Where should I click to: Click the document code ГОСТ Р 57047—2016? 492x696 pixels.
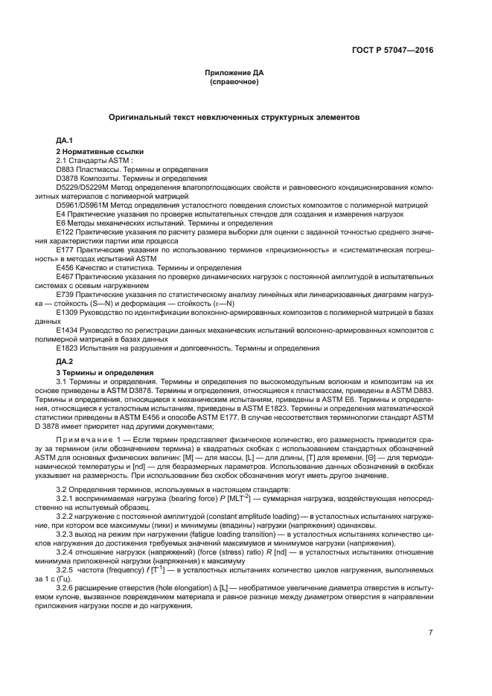pos(392,51)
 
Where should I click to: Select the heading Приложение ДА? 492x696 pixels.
pos(234,72)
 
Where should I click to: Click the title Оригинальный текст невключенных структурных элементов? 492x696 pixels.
pos(234,118)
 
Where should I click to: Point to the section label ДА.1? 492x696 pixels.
pos(64,140)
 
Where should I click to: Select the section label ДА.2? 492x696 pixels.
pos(64,360)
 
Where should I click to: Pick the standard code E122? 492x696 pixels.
pos(66,232)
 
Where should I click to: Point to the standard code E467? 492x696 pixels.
pos(66,275)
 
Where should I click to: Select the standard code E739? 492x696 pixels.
pos(66,293)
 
